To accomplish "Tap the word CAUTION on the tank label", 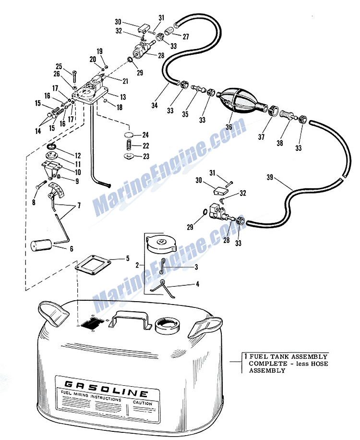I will (142, 403).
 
